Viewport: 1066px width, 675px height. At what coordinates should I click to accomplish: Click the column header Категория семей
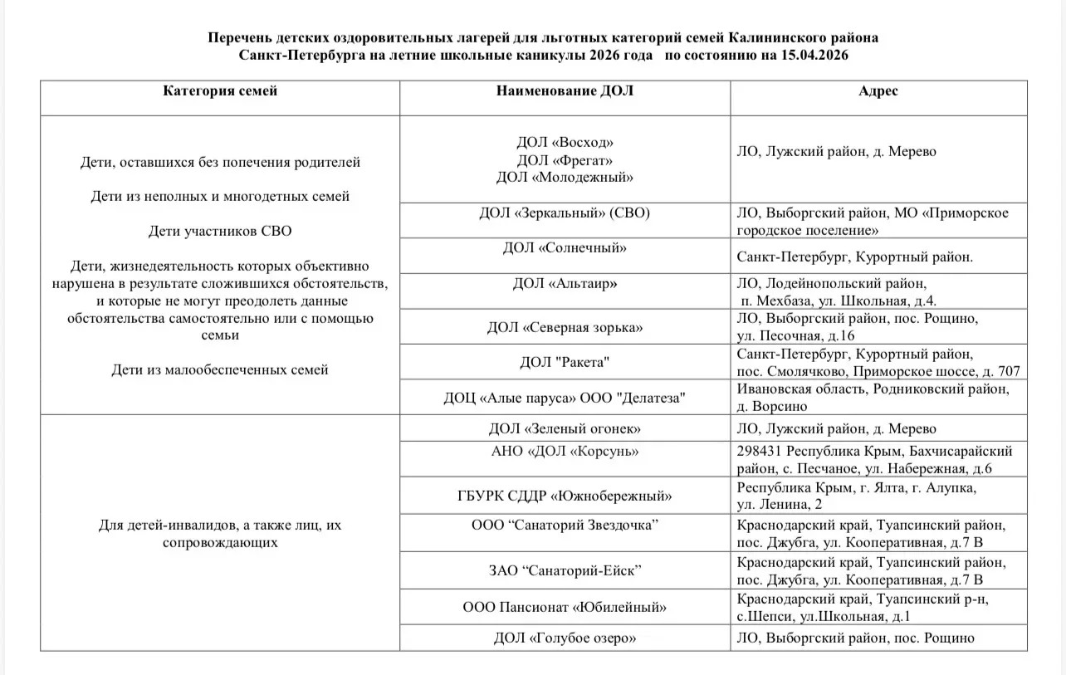tap(220, 91)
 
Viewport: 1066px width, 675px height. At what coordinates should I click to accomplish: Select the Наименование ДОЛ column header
tap(565, 91)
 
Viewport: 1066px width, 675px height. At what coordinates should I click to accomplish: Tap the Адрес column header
tap(878, 91)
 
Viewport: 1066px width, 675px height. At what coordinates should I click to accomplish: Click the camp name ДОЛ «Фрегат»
tap(565, 160)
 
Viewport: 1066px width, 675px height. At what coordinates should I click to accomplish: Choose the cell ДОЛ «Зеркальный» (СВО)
tap(565, 213)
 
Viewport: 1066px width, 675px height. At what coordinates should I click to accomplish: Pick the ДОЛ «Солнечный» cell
tap(565, 247)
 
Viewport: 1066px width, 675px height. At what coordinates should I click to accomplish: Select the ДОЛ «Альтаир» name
tap(565, 283)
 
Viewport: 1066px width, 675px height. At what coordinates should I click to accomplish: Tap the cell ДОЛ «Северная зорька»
tap(565, 328)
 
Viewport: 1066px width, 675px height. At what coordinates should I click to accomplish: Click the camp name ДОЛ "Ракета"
tap(565, 363)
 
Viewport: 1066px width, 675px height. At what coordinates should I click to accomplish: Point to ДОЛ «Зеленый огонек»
tap(565, 428)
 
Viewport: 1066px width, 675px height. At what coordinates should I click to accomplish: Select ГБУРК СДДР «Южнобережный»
tap(565, 496)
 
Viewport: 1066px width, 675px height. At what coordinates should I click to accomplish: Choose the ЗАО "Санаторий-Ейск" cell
tap(565, 570)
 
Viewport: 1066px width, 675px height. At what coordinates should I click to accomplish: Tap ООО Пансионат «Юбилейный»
tap(565, 607)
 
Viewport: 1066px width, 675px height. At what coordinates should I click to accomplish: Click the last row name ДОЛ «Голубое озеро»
tap(565, 638)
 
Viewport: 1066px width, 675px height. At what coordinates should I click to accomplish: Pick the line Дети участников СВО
tap(220, 231)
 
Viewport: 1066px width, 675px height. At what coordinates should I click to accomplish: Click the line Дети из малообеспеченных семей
tap(220, 369)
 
